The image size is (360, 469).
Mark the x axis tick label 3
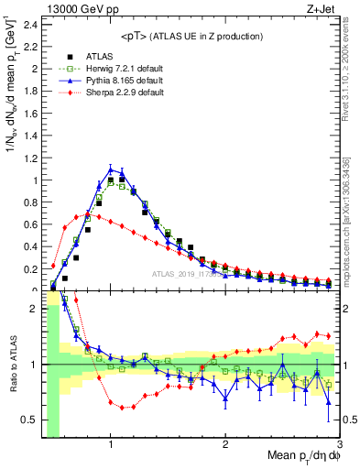339,444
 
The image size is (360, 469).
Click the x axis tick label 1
111,444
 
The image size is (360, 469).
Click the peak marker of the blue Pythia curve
111,169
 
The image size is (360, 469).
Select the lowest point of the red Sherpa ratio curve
122,408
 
